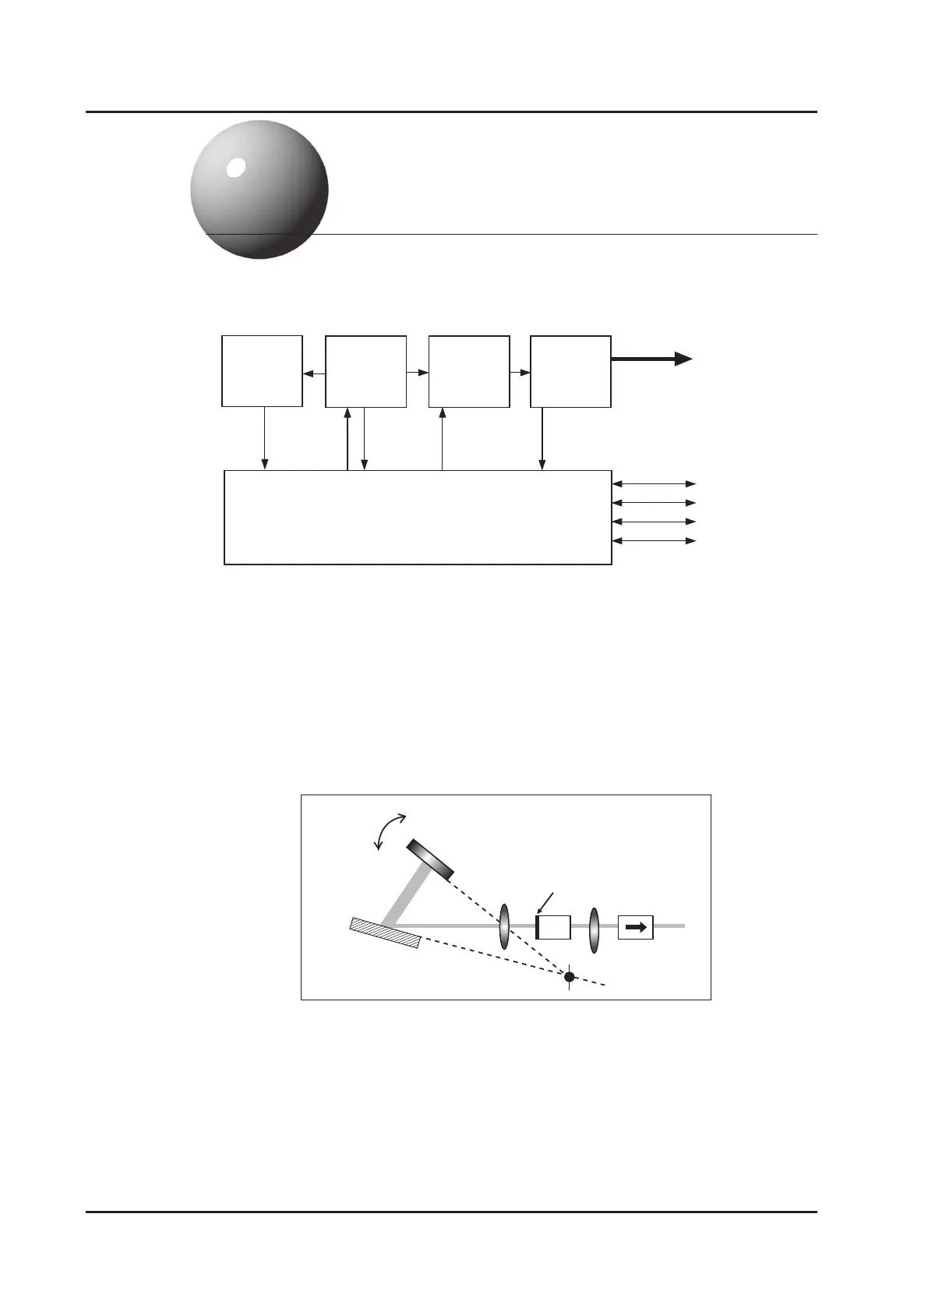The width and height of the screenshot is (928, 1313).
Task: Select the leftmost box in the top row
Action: pos(262,371)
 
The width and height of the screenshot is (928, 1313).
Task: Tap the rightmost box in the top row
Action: pos(570,371)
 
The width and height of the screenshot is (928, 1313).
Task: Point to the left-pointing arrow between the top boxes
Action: pos(314,375)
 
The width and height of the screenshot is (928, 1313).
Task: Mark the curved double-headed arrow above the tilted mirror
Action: pos(389,830)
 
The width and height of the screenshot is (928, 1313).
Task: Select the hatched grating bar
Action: pos(386,933)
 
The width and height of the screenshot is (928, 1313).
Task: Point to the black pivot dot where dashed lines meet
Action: pos(570,977)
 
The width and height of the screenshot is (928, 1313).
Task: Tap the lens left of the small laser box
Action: pos(504,927)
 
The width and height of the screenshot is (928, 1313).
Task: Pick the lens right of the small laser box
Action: pos(595,929)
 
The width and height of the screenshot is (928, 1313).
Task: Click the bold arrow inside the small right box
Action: pos(636,927)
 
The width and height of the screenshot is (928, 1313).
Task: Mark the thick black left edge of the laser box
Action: pos(538,927)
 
